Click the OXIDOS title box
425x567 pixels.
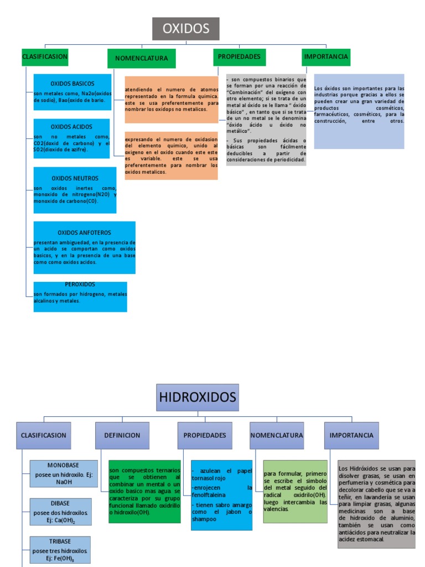pyautogui.click(x=185, y=29)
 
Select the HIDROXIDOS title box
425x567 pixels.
pyautogui.click(x=198, y=397)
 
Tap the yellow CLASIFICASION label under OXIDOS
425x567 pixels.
pyautogui.click(x=45, y=56)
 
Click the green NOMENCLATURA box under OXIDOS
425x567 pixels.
pyautogui.click(x=141, y=59)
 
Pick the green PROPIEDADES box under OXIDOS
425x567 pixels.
pyautogui.click(x=239, y=57)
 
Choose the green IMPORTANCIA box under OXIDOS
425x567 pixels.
pyautogui.click(x=326, y=57)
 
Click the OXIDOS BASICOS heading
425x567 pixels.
pyautogui.click(x=72, y=84)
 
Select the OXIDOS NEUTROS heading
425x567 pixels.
pyautogui.click(x=75, y=178)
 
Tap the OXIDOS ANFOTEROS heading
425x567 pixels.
pyautogui.click(x=84, y=233)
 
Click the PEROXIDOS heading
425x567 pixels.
pyautogui.click(x=80, y=284)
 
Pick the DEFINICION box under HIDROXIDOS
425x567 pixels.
pyautogui.click(x=122, y=435)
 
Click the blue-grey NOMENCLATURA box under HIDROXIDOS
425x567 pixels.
pyautogui.click(x=277, y=435)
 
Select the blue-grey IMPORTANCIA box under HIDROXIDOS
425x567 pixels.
pyautogui.click(x=351, y=435)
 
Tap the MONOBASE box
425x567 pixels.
pyautogui.click(x=64, y=473)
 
